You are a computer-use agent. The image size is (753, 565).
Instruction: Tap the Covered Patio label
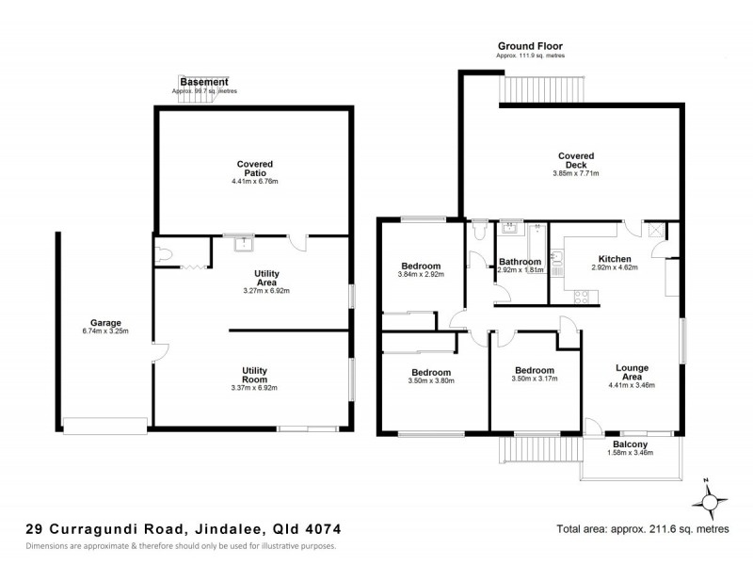tap(255, 169)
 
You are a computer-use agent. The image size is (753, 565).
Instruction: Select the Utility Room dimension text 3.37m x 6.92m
tap(255, 388)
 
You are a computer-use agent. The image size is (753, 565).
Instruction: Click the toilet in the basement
tap(166, 254)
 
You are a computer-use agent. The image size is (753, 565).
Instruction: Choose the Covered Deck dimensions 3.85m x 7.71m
tap(575, 173)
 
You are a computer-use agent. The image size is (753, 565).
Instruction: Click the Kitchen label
tap(614, 258)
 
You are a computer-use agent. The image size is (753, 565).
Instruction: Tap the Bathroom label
tap(520, 261)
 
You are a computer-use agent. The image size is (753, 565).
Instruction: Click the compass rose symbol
tap(713, 496)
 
